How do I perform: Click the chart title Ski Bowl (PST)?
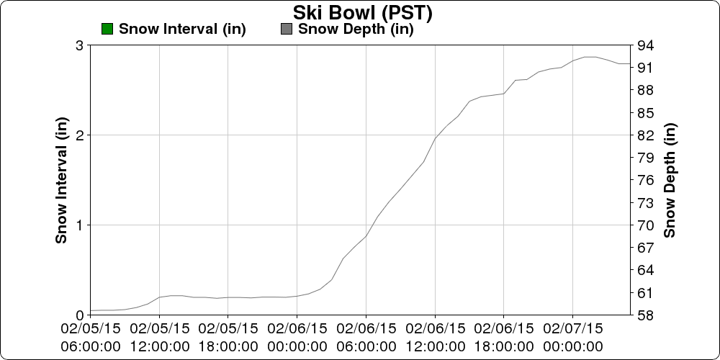click(362, 12)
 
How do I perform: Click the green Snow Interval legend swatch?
click(107, 29)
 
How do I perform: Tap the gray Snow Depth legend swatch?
click(287, 29)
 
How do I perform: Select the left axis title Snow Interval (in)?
click(62, 180)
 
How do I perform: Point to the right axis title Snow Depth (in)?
click(670, 180)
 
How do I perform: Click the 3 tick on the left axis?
click(79, 45)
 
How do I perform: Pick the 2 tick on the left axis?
click(79, 135)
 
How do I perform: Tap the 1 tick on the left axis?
click(79, 225)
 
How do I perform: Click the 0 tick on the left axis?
click(79, 315)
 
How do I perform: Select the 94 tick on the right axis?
click(644, 45)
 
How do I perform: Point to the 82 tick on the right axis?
click(644, 135)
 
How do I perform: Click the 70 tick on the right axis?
click(644, 225)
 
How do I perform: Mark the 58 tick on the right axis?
click(644, 315)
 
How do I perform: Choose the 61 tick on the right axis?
click(644, 293)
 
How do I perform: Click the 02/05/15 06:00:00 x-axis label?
click(90, 337)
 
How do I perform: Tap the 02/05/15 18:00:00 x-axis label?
click(228, 337)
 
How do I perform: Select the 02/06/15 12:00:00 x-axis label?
click(435, 337)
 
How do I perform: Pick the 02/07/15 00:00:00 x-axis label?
click(572, 337)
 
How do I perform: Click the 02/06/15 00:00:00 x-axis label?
click(297, 337)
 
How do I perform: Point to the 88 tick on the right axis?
click(644, 91)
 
